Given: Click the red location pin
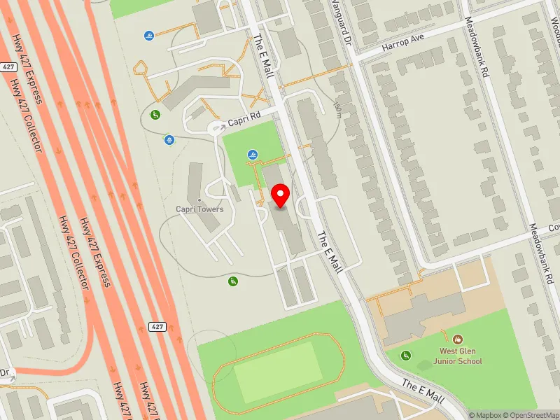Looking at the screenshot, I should point(281,196).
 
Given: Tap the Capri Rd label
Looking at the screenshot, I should point(244,118).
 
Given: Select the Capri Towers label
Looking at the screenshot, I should point(200,209).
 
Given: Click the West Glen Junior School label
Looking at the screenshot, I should point(461,356).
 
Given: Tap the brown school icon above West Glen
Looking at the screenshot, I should point(458,339).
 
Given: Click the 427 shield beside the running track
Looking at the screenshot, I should point(156,327).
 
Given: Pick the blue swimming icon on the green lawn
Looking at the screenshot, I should point(252,155).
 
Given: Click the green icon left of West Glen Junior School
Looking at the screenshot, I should point(405,356).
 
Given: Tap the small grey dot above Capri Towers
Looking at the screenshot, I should point(200,200).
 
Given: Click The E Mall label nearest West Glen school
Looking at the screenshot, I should point(423,391).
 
